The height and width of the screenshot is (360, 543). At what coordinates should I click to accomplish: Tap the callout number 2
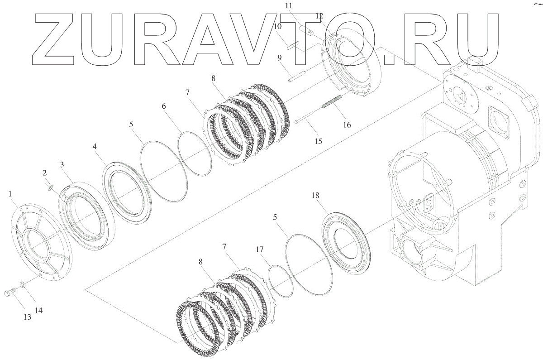pyautogui.click(x=45, y=173)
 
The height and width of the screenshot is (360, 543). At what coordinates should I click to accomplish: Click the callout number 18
pyautogui.click(x=315, y=195)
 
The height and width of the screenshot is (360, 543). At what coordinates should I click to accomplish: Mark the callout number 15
pyautogui.click(x=318, y=141)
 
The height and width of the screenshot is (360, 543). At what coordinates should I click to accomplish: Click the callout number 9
pyautogui.click(x=280, y=58)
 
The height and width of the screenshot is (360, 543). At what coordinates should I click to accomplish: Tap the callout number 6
pyautogui.click(x=164, y=106)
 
